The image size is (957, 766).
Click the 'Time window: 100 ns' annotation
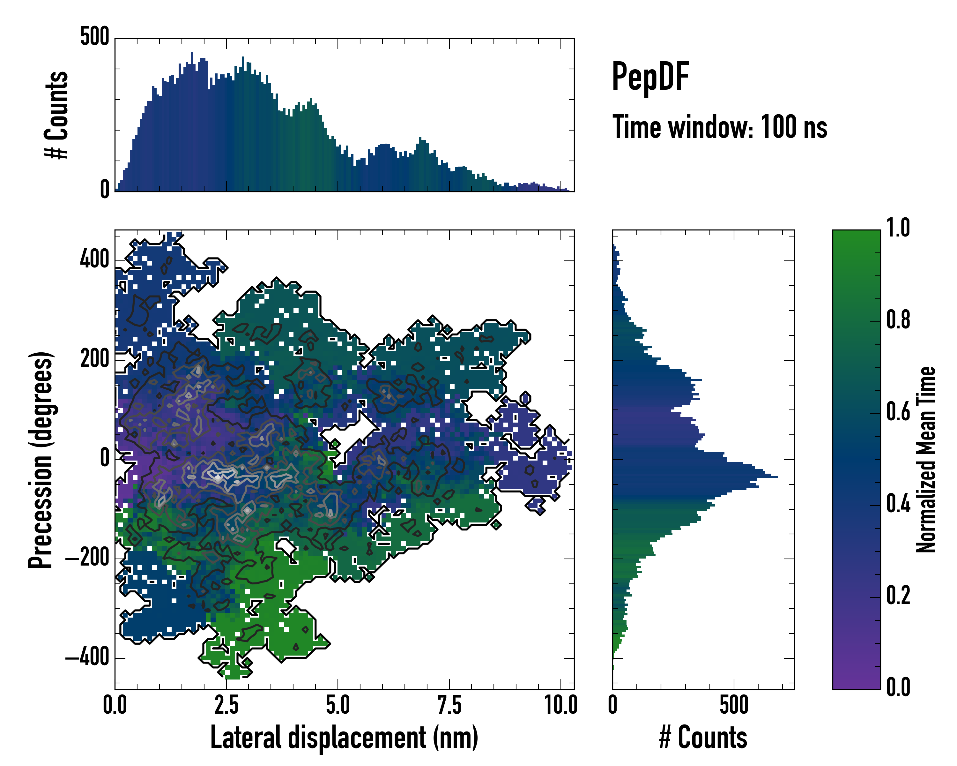click(720, 127)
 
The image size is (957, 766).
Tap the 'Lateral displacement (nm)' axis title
click(344, 738)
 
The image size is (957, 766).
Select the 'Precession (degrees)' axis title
click(41, 460)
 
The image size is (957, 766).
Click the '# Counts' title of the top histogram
click(57, 115)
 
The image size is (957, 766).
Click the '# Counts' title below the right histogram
click(703, 738)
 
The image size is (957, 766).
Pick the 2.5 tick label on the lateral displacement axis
click(226, 705)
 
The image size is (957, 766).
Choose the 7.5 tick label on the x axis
click(449, 705)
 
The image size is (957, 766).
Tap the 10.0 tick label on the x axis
click(560, 705)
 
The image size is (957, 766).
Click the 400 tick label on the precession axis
click(94, 260)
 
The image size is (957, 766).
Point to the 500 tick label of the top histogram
click(94, 36)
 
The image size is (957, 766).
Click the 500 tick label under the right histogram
click(734, 705)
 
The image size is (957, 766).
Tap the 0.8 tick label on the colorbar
click(898, 320)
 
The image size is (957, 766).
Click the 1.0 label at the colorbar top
click(898, 228)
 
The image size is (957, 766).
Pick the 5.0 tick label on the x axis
click(338, 705)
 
